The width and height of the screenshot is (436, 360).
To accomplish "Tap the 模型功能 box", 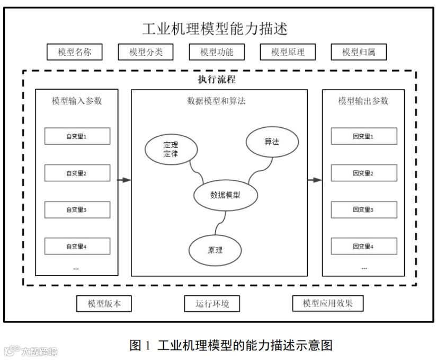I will pos(217,52).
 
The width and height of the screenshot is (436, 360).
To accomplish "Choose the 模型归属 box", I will pos(358,52).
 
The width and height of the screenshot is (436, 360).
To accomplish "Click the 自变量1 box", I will pos(77,136).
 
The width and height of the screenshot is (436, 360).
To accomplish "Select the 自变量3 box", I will pos(77,209).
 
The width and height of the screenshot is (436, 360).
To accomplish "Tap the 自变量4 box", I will pos(77,246).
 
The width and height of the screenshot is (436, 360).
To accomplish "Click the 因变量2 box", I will pos(363,173).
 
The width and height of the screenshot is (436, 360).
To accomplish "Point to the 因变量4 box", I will pos(363,246).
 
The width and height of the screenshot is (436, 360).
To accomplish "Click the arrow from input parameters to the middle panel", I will pos(124,180).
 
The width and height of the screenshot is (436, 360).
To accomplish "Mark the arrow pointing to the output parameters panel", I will pos(315,180).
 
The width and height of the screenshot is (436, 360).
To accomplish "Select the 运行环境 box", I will pos(211,304).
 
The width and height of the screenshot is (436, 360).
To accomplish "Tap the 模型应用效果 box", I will pos(328,304).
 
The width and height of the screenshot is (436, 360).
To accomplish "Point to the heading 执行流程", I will pos(217,80).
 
